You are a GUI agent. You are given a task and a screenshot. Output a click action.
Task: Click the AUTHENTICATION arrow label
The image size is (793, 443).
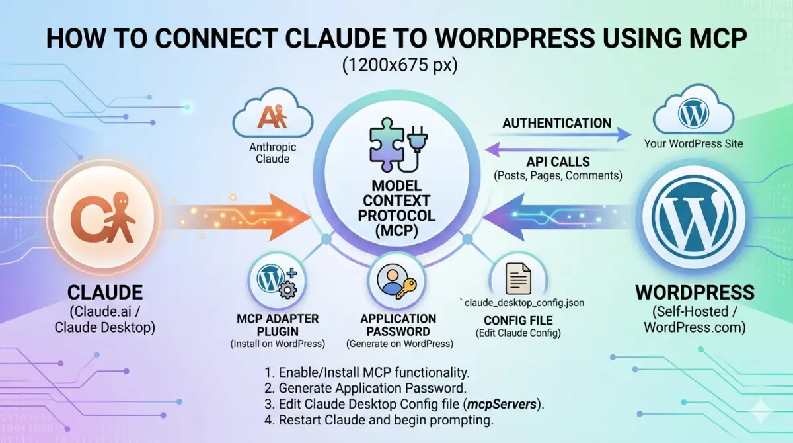pos(556,123)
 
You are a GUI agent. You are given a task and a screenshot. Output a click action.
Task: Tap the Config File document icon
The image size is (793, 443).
pos(518,278)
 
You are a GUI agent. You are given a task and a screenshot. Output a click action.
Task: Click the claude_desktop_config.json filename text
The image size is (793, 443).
pos(521,303)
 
